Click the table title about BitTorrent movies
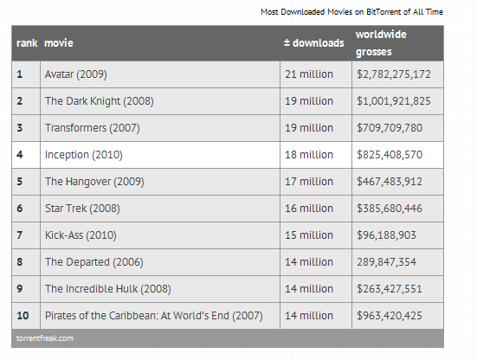pyautogui.click(x=351, y=12)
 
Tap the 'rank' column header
pyautogui.click(x=27, y=43)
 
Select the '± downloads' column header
pyautogui.click(x=314, y=43)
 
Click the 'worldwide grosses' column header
pyautogui.click(x=381, y=43)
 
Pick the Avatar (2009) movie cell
pyautogui.click(x=75, y=74)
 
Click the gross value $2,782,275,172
pyautogui.click(x=394, y=74)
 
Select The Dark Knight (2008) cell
pyautogui.click(x=100, y=101)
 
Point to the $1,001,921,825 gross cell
pyautogui.click(x=394, y=101)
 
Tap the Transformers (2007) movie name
pyautogui.click(x=92, y=128)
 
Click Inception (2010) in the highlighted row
pyautogui.click(x=84, y=154)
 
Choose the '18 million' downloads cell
pyautogui.click(x=309, y=154)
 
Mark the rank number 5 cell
pyautogui.click(x=19, y=182)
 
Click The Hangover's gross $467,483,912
pyautogui.click(x=390, y=182)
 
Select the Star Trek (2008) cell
pyautogui.click(x=82, y=209)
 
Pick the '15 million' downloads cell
pyautogui.click(x=309, y=235)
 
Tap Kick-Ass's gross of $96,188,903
pyautogui.click(x=386, y=235)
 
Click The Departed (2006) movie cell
pyautogui.click(x=94, y=262)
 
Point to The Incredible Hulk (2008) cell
pyautogui.click(x=107, y=288)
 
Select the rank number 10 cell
pyautogui.click(x=23, y=316)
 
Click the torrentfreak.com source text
pyautogui.click(x=45, y=338)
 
